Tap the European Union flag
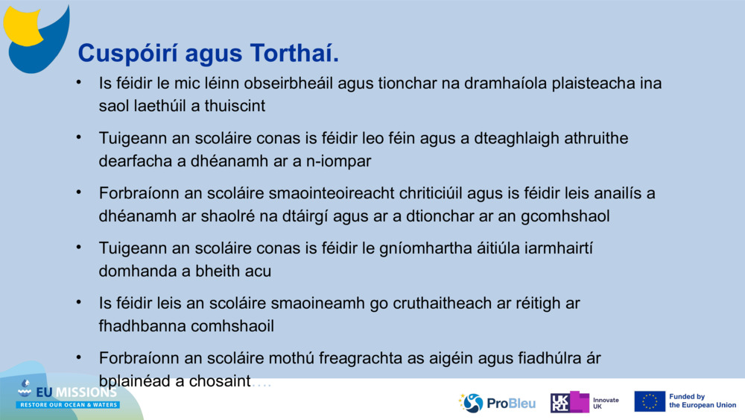pyautogui.click(x=650, y=401)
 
